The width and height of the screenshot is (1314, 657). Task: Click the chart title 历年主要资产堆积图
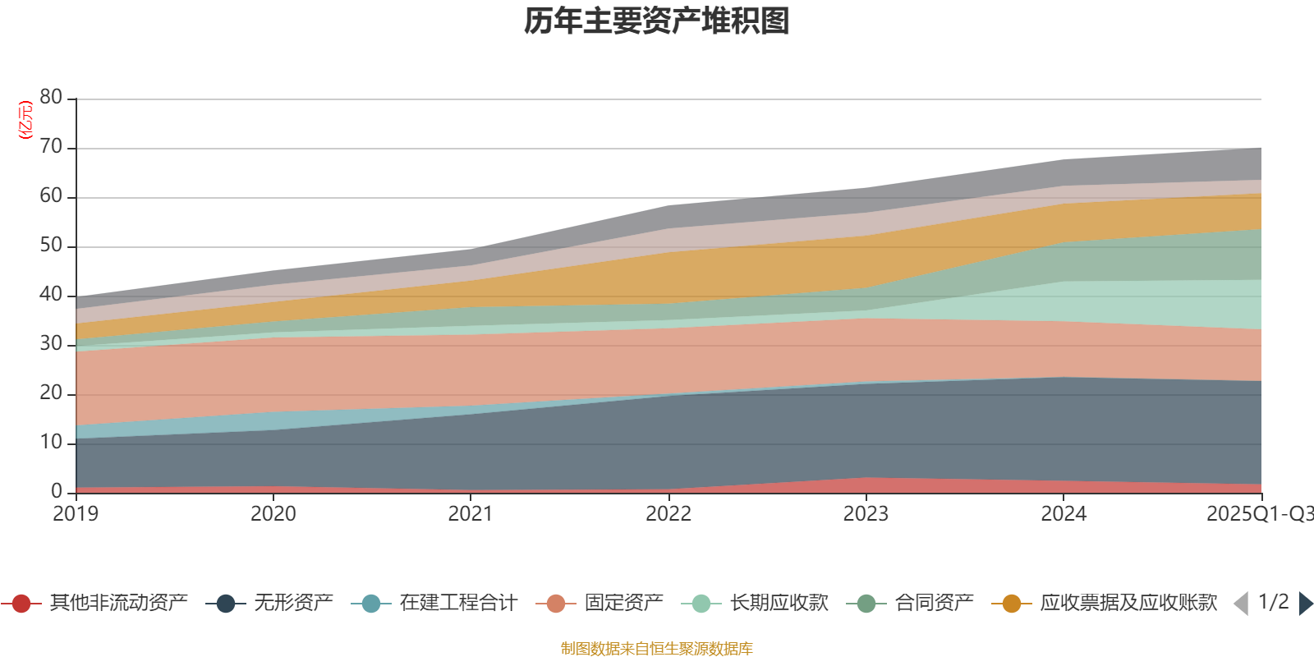(x=657, y=21)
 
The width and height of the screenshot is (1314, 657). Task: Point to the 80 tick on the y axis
(x=51, y=98)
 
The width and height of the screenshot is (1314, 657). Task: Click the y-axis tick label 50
(x=51, y=246)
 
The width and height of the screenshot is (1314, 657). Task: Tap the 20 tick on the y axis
(x=51, y=393)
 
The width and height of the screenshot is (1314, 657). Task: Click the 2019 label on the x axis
(x=76, y=514)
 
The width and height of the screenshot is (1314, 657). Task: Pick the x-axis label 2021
(x=471, y=514)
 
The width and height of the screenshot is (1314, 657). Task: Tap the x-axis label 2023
(x=866, y=514)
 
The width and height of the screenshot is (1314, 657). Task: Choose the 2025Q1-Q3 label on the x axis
(x=1258, y=514)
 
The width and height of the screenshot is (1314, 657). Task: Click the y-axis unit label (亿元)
(x=26, y=120)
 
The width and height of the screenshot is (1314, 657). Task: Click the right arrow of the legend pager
(x=1306, y=604)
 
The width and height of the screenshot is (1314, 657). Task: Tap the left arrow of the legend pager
(x=1241, y=604)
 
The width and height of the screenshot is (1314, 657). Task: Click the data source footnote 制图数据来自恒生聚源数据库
(x=657, y=649)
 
